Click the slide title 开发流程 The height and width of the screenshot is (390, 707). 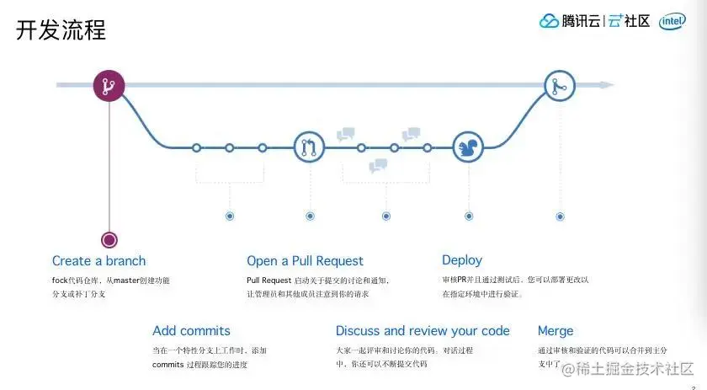(61, 31)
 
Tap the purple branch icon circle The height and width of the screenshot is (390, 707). (109, 85)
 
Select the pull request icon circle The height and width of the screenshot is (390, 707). (309, 147)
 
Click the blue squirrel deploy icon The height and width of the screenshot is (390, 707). (468, 147)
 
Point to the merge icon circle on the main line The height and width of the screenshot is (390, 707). (559, 85)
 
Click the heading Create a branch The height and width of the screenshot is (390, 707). (98, 261)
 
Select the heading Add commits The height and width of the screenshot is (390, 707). (191, 331)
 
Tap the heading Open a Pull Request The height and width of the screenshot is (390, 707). (305, 261)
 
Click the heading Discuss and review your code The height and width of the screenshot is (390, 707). (423, 331)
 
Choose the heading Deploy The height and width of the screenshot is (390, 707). (462, 260)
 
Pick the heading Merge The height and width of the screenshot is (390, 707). (555, 331)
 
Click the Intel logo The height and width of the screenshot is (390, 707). (672, 21)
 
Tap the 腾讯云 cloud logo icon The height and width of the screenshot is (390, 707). (549, 21)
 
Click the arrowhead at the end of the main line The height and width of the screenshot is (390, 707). (608, 85)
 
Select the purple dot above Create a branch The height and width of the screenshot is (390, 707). (109, 240)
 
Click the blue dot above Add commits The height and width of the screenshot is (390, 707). (230, 216)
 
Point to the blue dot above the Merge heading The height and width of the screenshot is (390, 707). (560, 216)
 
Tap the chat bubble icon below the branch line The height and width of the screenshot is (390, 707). (378, 166)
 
